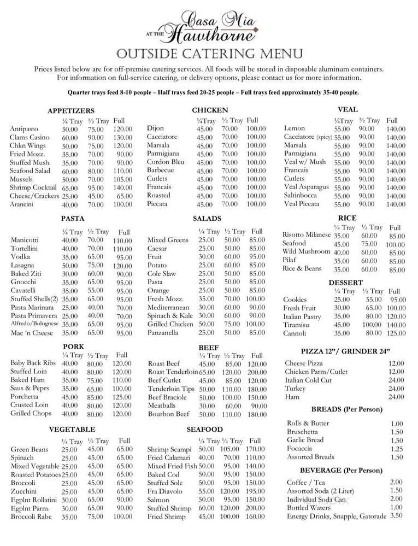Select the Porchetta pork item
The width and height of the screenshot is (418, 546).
coord(28,397)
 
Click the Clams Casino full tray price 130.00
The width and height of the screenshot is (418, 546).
coord(122,137)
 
